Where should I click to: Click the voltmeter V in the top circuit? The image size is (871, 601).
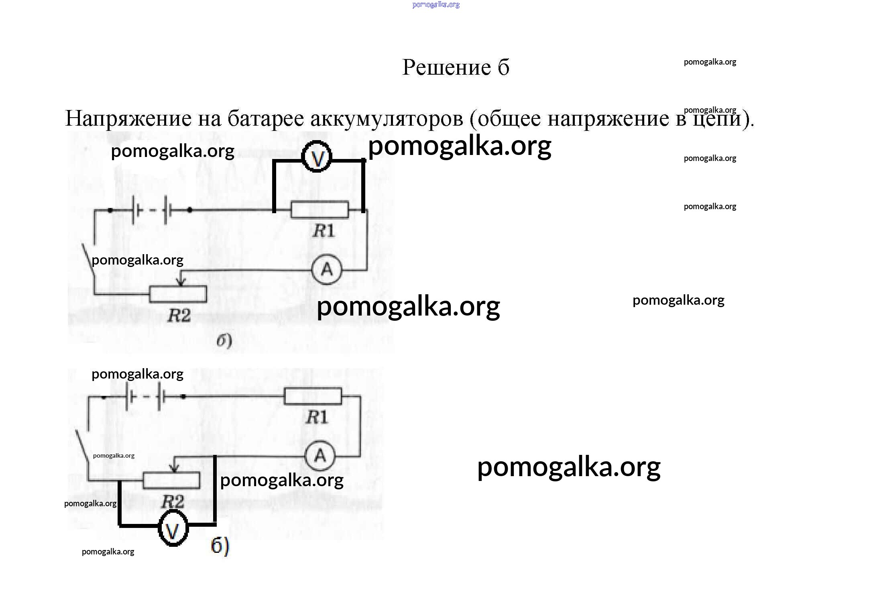317,157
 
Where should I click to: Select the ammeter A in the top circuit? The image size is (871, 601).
327,269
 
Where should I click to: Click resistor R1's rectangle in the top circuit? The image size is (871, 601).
320,210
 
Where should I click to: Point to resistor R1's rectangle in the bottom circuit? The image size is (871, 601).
313,396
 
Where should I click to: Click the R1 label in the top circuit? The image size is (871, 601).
324,231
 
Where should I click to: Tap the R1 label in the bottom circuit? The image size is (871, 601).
317,418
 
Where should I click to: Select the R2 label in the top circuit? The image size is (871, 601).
179,316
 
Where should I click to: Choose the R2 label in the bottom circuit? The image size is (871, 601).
173,501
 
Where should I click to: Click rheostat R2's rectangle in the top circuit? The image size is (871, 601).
178,294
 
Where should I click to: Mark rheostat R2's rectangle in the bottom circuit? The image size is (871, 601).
171,480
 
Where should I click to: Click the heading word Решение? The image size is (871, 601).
446,67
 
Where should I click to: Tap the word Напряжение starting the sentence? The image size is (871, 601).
128,118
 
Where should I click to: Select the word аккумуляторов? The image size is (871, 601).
387,118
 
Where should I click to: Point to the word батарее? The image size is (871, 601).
266,118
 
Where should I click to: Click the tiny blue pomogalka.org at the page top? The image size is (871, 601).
436,5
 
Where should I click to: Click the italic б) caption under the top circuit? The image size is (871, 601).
224,341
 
